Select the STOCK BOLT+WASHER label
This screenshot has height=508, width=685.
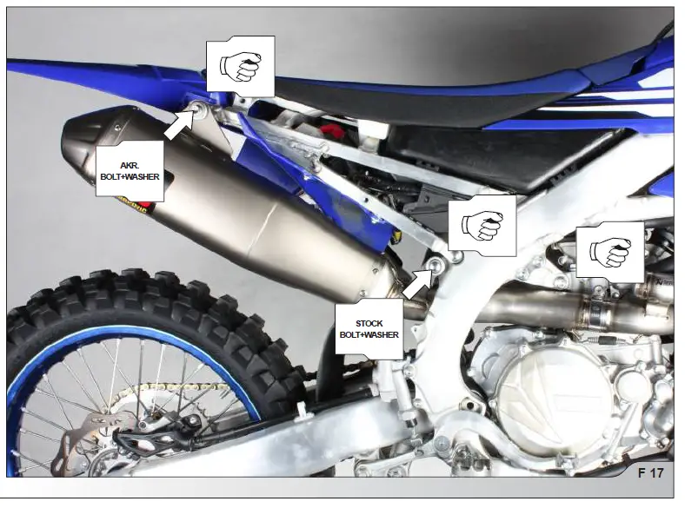point(369,328)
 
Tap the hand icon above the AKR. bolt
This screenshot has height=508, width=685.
point(240,66)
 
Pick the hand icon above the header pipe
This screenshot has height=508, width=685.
point(609,250)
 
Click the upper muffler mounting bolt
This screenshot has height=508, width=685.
point(198,109)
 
